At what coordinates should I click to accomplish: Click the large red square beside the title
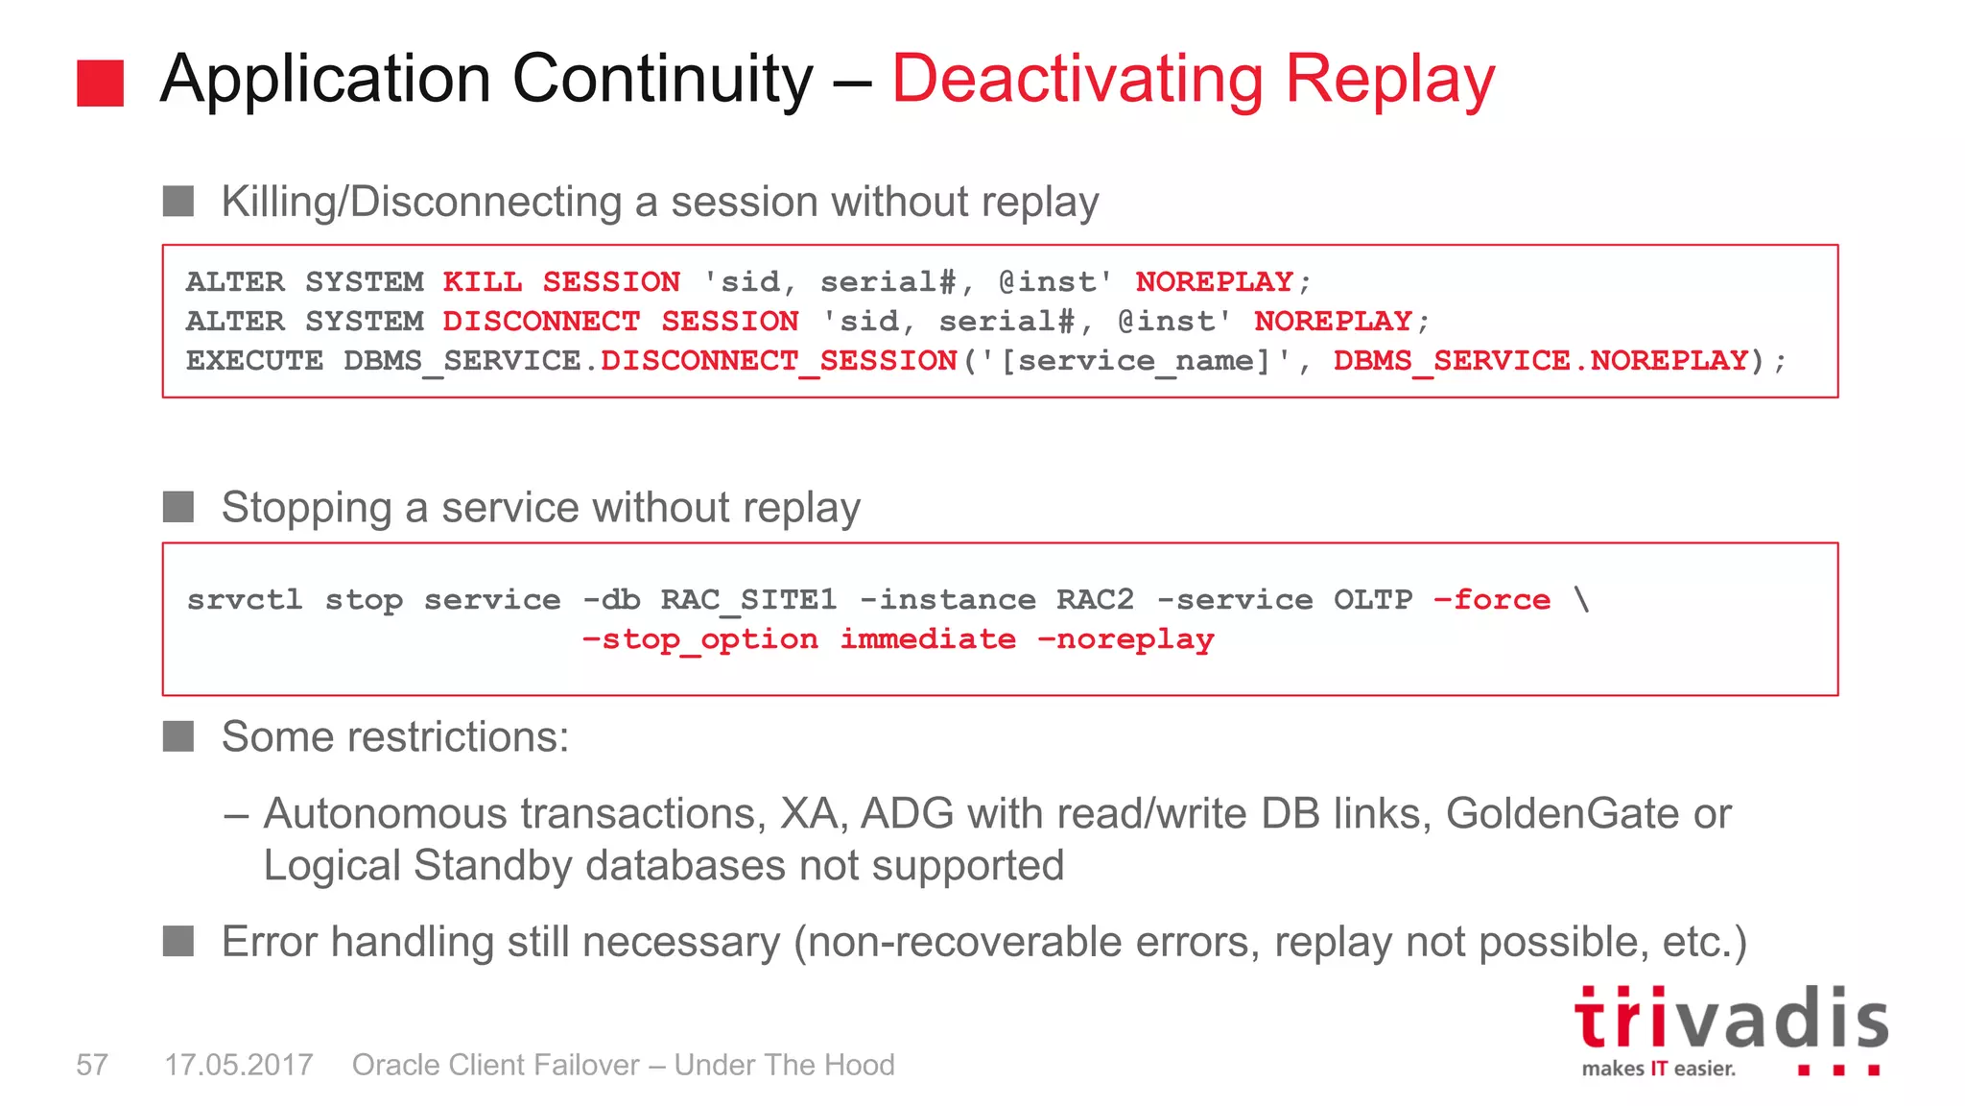coord(100,83)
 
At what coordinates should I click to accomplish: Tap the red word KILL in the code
coord(482,281)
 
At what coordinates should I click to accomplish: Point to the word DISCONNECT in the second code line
coord(541,321)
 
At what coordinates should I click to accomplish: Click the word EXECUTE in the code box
coord(254,360)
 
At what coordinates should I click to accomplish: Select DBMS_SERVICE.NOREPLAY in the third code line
coord(1541,360)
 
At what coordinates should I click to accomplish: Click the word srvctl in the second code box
coord(245,600)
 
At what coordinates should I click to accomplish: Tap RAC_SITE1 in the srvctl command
coord(748,600)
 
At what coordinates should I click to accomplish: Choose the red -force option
coord(1492,600)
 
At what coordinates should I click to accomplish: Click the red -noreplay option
coord(1126,639)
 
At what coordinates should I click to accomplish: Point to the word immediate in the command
coord(928,639)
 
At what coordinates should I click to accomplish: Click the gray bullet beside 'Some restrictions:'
coord(178,736)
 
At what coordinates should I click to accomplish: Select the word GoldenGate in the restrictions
coord(1562,814)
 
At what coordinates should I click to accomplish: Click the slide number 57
coord(92,1065)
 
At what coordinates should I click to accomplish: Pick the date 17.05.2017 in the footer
coord(239,1065)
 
